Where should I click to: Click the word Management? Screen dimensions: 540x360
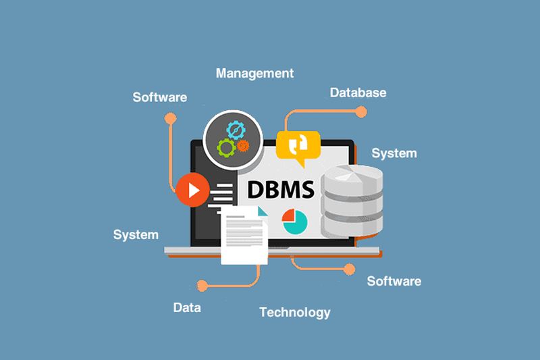[x=254, y=74]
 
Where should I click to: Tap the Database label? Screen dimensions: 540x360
[x=358, y=93]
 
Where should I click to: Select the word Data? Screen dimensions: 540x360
[x=187, y=307]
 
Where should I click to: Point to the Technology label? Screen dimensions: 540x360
[x=295, y=313]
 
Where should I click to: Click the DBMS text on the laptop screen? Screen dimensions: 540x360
[x=281, y=190]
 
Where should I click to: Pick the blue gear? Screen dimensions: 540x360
[x=236, y=130]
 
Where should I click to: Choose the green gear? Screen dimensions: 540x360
[x=226, y=148]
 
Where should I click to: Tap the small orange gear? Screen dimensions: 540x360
[x=243, y=146]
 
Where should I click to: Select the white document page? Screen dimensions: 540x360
[x=244, y=235]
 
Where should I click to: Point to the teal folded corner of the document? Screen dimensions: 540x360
[x=263, y=211]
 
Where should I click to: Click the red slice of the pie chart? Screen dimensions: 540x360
[x=288, y=215]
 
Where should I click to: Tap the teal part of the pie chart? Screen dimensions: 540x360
[x=296, y=223]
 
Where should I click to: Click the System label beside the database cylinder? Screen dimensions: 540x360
[x=394, y=153]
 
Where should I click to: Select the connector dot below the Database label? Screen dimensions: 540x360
[x=361, y=112]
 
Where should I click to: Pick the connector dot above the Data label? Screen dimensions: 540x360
[x=202, y=286]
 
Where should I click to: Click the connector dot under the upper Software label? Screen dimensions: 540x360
[x=171, y=118]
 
